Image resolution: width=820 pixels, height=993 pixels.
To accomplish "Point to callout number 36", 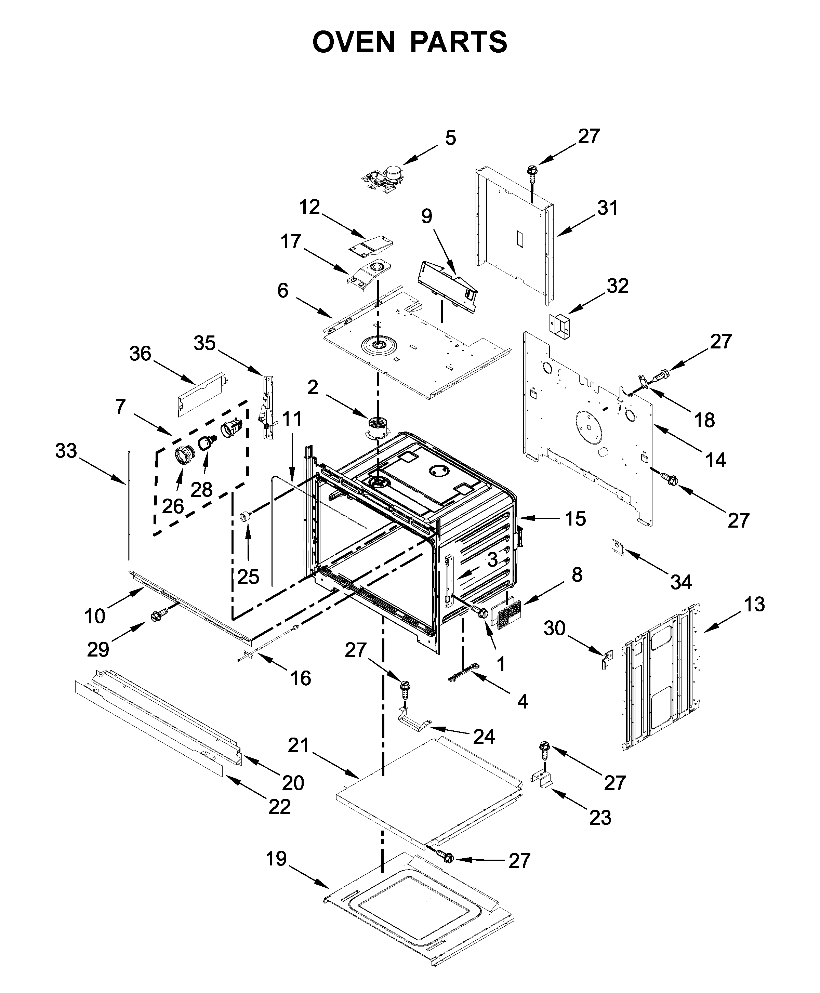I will [x=140, y=353].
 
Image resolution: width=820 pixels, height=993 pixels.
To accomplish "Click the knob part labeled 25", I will [x=245, y=516].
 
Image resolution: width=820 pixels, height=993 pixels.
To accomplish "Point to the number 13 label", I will [x=754, y=604].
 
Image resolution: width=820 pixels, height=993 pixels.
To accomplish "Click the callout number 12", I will [x=309, y=207].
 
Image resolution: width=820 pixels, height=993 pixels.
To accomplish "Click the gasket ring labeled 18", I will [x=642, y=381].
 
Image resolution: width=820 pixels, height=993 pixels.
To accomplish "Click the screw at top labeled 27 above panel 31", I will [x=531, y=173].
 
